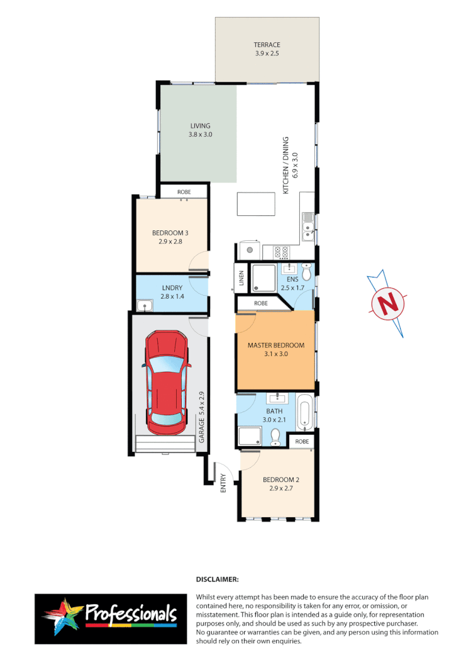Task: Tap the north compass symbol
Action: tap(388, 304)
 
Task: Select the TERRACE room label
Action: tap(267, 45)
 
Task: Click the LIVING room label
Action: tap(201, 126)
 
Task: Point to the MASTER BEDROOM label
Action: tap(275, 345)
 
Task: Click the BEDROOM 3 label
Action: tap(170, 233)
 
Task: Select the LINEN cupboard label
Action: tap(241, 278)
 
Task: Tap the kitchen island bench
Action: tap(256, 205)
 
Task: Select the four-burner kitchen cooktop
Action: tap(280, 252)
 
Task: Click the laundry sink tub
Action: tap(146, 306)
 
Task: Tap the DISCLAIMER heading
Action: tap(218, 578)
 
